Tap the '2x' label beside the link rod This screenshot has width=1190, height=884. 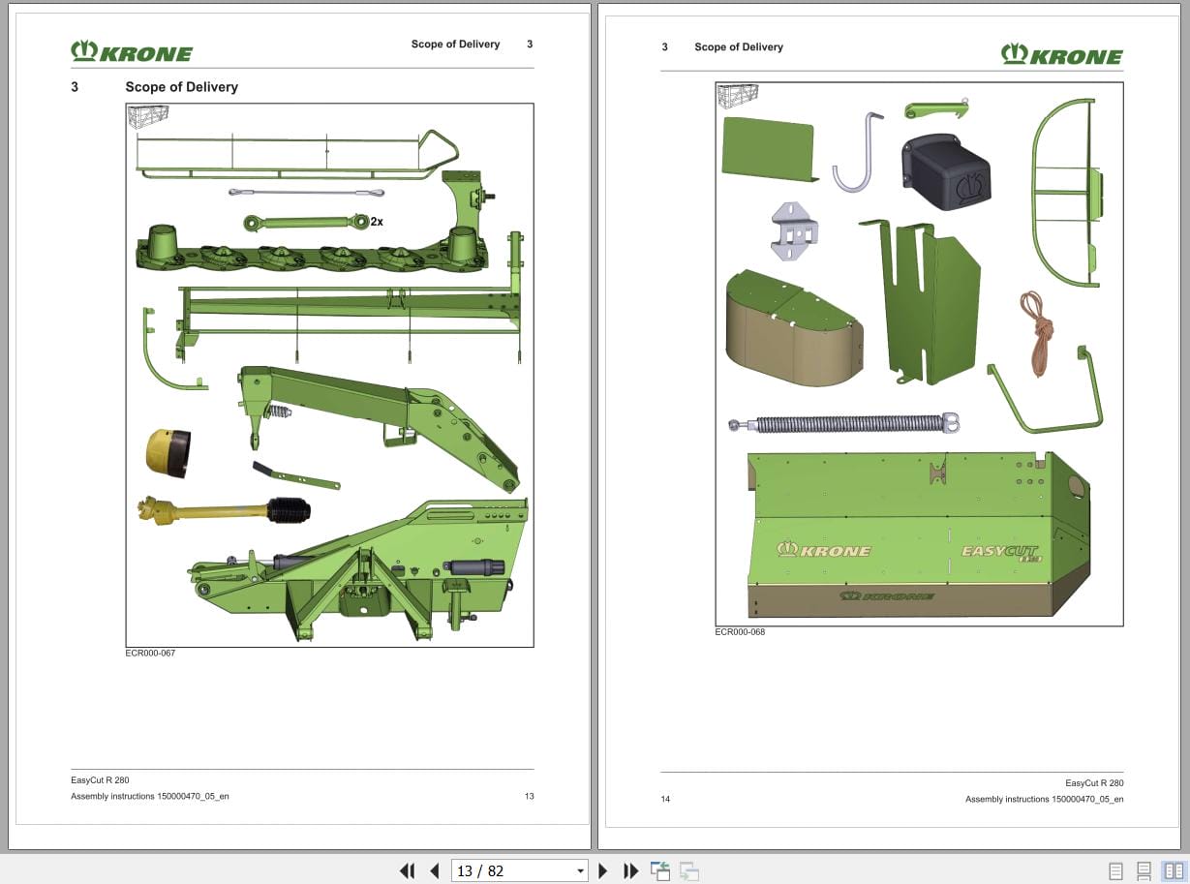[377, 222]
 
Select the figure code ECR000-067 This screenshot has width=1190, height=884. [150, 653]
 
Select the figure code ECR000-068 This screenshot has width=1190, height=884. [740, 632]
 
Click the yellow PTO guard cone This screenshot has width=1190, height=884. [168, 452]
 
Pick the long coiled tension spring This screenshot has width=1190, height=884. [844, 423]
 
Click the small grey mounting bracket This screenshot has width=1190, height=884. [795, 230]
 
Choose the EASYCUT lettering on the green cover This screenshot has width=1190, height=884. [999, 552]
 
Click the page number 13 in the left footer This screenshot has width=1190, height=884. [529, 796]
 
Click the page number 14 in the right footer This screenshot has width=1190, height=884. [665, 799]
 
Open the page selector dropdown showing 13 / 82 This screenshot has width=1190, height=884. [521, 870]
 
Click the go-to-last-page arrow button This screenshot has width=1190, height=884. [630, 870]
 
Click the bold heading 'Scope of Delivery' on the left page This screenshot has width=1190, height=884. [181, 87]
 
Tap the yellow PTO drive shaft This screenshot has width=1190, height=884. [223, 509]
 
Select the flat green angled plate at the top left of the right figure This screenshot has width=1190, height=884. [767, 148]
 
